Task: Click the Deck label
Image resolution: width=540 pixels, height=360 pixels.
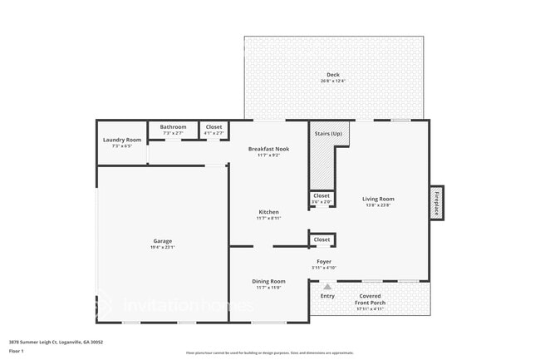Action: click(x=332, y=75)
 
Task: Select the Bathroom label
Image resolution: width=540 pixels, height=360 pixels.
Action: click(x=173, y=126)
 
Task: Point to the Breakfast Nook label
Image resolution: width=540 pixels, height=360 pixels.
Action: click(x=268, y=149)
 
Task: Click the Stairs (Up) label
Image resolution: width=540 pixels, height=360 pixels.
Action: click(x=328, y=133)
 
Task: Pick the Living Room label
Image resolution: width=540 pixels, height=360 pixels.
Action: click(x=378, y=199)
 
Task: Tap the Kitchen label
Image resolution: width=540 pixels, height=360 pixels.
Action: click(x=268, y=212)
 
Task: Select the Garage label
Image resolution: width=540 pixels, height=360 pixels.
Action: click(x=163, y=241)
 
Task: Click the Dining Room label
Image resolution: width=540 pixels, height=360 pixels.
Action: click(x=268, y=281)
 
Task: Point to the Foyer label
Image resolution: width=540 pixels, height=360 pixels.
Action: click(x=323, y=261)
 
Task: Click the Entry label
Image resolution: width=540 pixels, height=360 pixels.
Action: click(x=327, y=295)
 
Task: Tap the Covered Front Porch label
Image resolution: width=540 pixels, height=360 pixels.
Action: click(x=371, y=298)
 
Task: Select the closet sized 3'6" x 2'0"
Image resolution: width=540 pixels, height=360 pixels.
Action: click(x=322, y=198)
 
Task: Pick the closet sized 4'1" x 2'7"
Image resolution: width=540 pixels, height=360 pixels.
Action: click(x=214, y=129)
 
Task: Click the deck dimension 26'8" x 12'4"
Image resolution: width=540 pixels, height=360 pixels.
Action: click(x=332, y=81)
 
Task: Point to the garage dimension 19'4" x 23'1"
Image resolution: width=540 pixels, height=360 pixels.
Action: click(x=163, y=247)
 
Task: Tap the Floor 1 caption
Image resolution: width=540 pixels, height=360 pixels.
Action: click(x=16, y=352)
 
